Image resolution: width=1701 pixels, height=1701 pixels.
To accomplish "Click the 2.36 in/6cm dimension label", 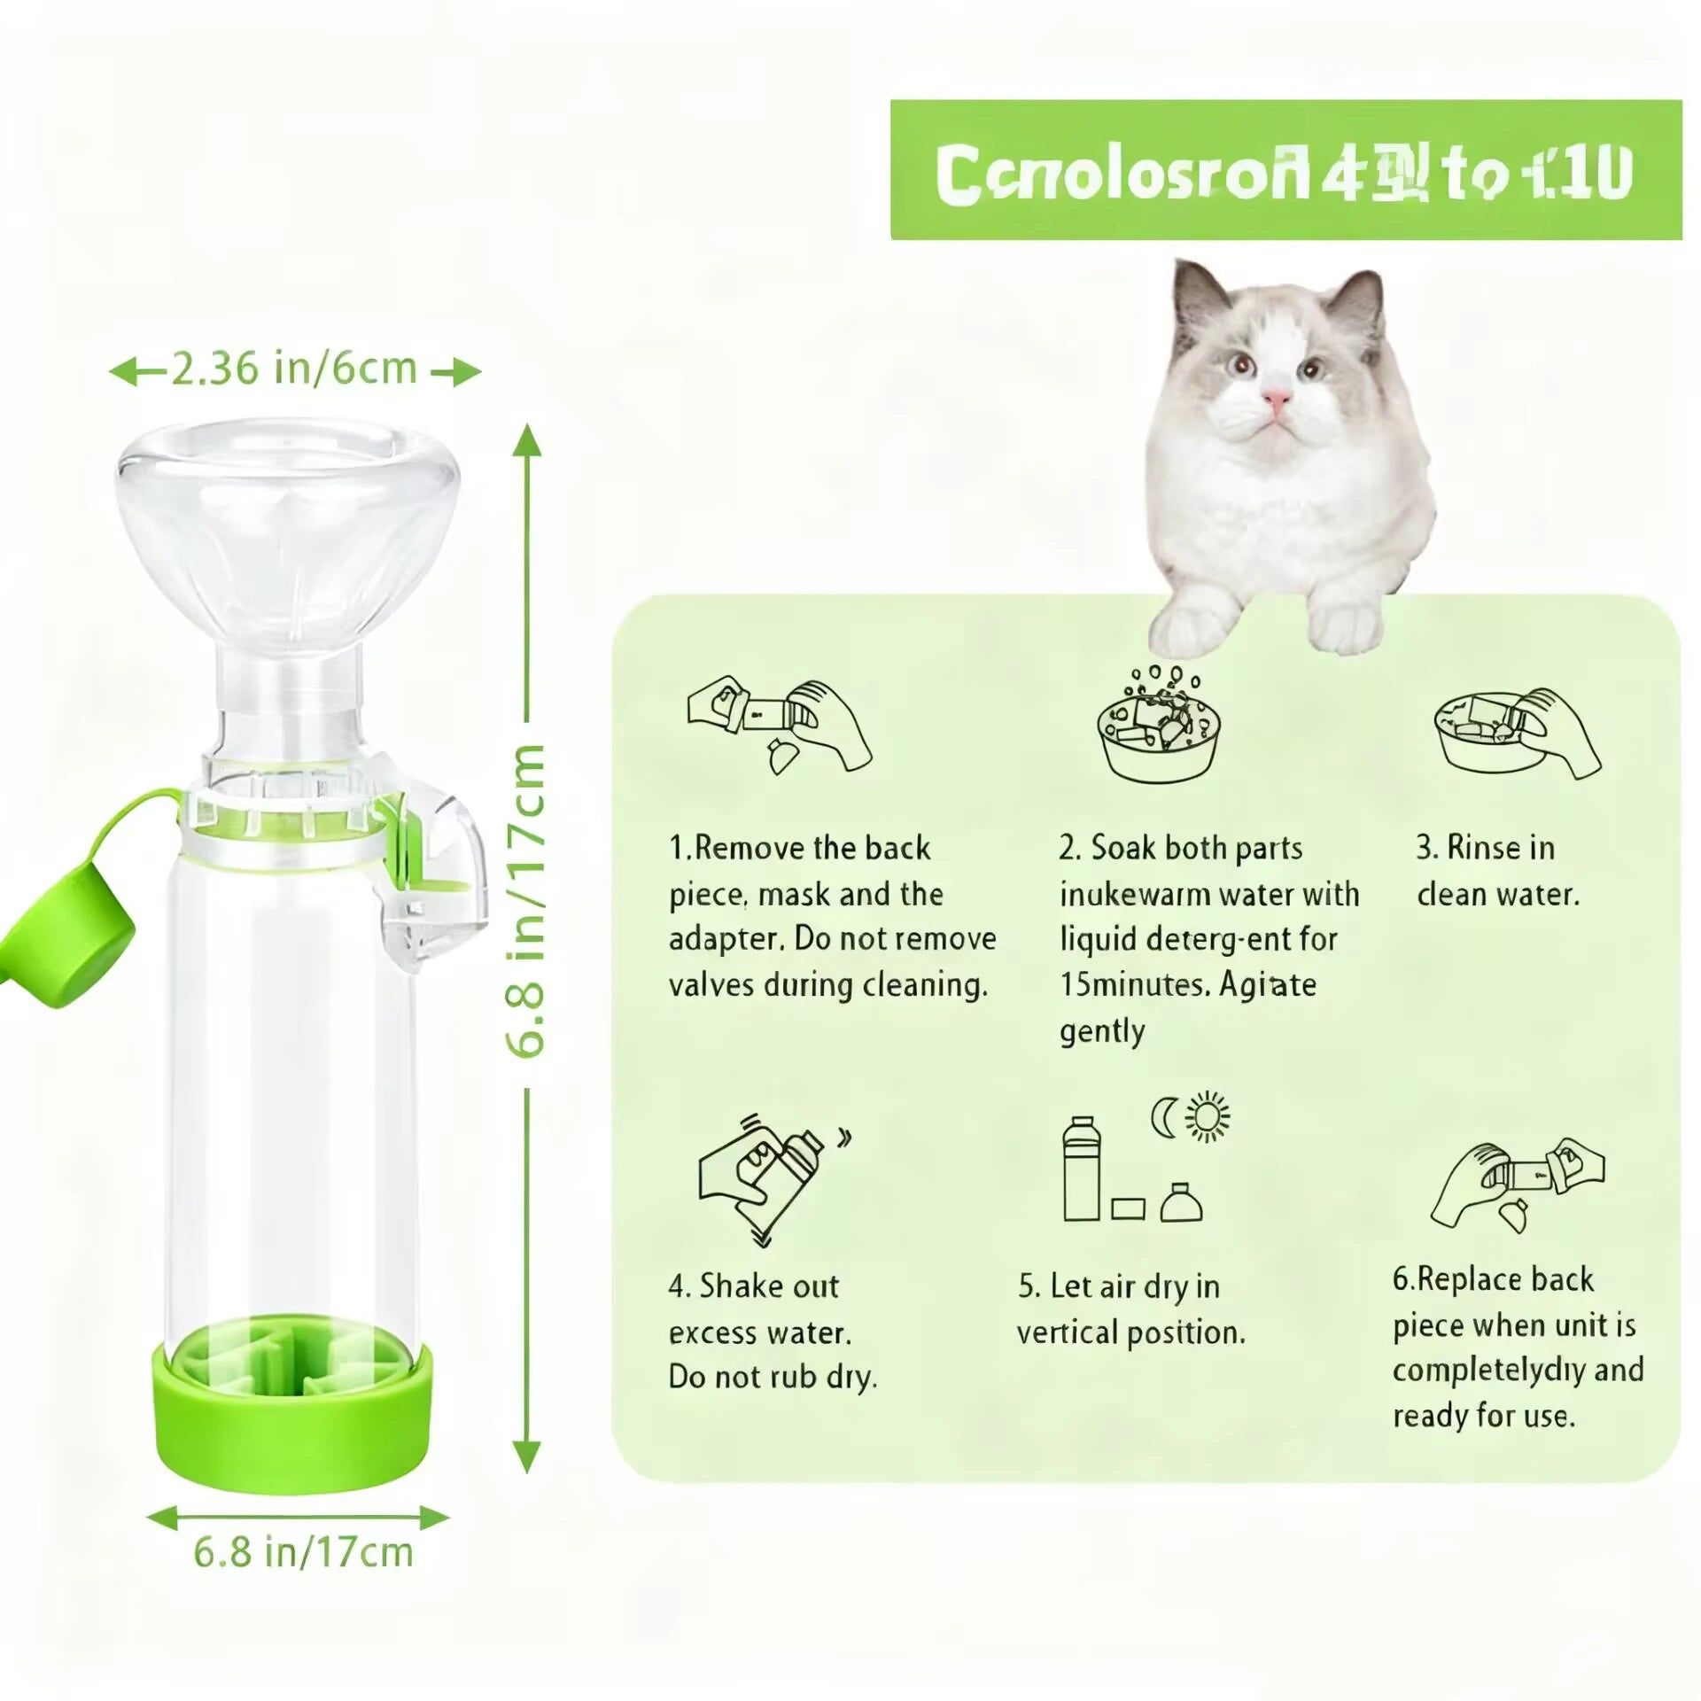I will [293, 369].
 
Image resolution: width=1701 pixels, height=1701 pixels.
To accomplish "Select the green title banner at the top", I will [1285, 170].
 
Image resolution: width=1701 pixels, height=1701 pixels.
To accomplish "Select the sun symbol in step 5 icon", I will [1208, 1117].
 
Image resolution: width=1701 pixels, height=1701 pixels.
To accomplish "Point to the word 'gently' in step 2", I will [1102, 1031].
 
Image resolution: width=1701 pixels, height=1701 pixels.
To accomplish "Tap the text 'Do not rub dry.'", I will [773, 1378].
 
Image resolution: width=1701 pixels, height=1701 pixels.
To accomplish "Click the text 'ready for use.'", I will [1484, 1416].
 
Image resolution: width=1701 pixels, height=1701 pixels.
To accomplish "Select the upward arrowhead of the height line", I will [526, 439].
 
